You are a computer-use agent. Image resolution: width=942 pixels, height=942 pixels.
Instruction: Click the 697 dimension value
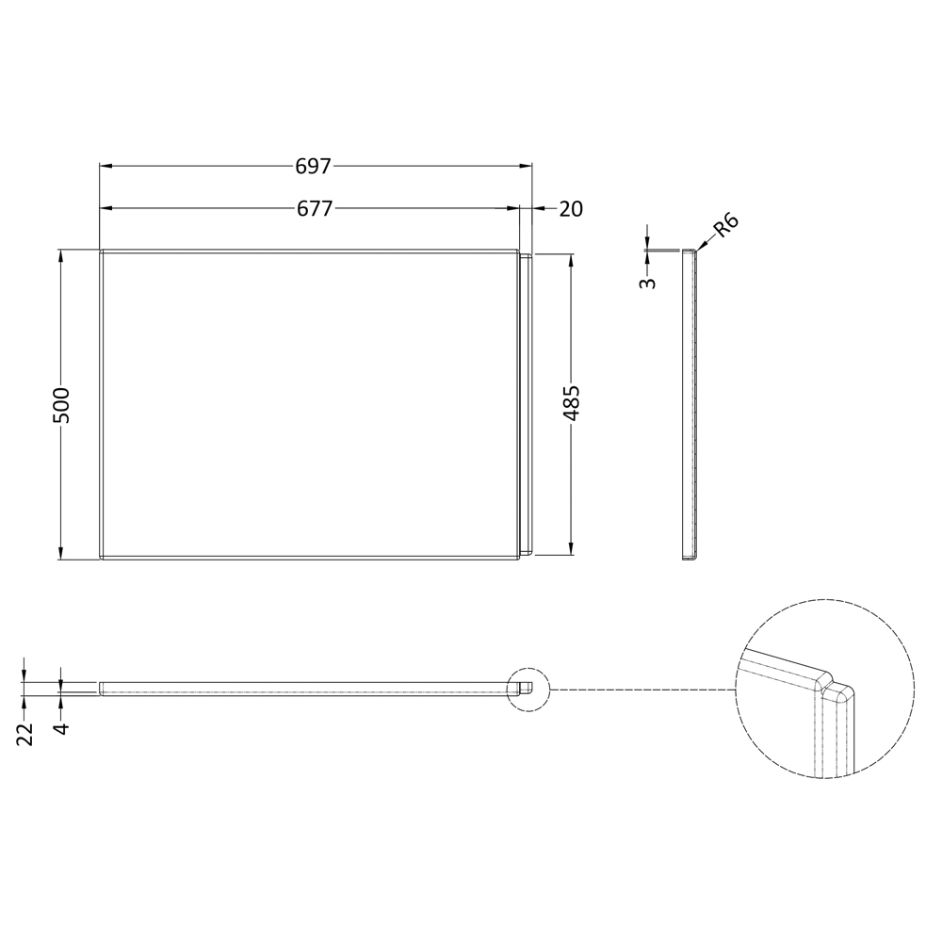tap(313, 166)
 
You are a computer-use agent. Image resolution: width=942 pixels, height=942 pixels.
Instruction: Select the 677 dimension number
tap(315, 208)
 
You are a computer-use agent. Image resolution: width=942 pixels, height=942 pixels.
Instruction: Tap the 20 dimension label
tap(571, 209)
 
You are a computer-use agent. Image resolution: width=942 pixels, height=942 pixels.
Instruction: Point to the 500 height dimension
tap(62, 405)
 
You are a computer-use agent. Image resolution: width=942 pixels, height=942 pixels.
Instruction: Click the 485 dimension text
tap(572, 403)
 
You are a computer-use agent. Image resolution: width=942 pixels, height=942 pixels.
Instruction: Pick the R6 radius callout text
tap(725, 226)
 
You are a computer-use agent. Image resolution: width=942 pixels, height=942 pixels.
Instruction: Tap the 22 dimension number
tap(24, 734)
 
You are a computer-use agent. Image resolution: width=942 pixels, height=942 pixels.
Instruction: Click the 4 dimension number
tap(62, 728)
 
